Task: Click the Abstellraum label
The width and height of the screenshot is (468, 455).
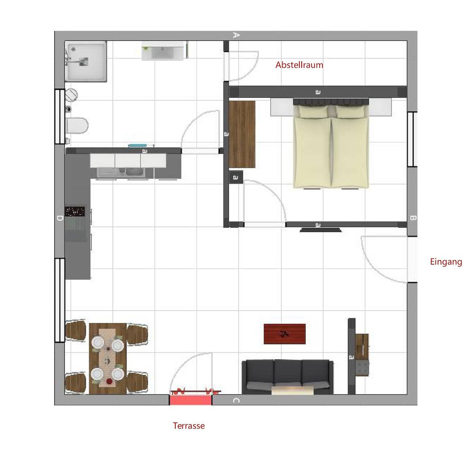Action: click(299, 65)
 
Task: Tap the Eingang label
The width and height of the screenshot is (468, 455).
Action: click(446, 262)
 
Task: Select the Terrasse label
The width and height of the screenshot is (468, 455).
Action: click(189, 426)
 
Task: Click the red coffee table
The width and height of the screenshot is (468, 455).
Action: click(284, 334)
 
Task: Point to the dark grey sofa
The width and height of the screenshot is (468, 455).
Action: click(287, 376)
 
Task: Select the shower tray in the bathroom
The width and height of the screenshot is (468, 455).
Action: click(86, 61)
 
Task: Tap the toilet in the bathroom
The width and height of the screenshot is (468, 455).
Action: click(77, 125)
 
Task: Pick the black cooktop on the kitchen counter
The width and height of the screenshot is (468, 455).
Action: click(75, 211)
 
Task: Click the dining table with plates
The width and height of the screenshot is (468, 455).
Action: click(108, 358)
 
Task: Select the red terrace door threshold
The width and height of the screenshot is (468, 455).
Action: click(190, 399)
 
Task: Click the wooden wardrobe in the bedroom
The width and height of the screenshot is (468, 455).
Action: click(242, 134)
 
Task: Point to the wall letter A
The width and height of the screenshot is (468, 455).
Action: click(236, 35)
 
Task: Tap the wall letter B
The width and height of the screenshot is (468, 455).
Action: click(412, 218)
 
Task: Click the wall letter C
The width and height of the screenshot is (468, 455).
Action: click(236, 401)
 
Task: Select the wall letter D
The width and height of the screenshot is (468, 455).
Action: click(59, 218)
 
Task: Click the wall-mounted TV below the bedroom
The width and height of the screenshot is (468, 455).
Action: click(320, 230)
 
